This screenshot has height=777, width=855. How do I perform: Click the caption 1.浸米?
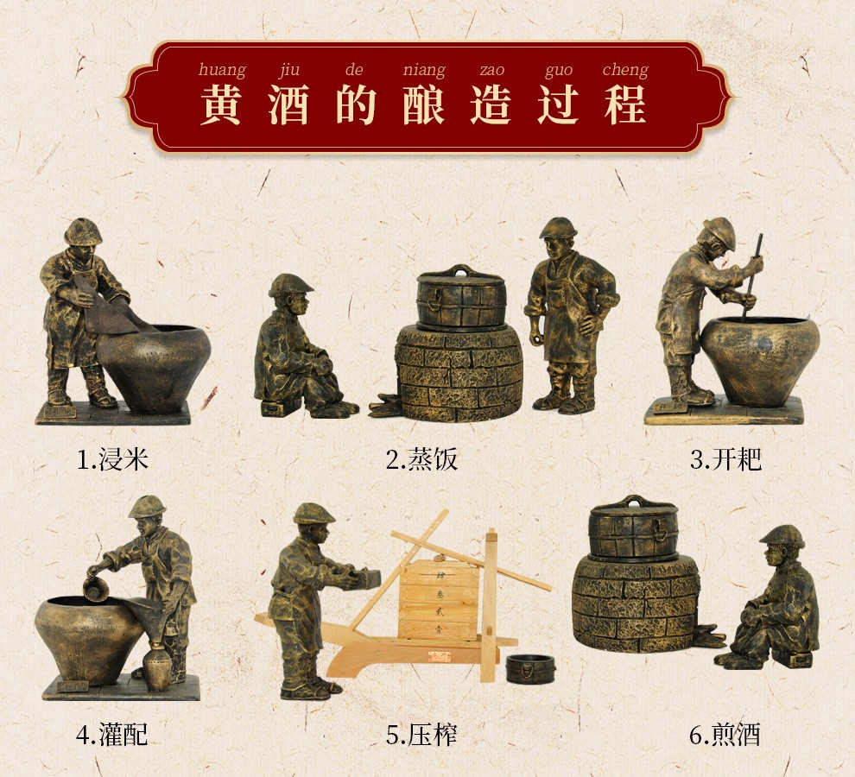[x=113, y=459]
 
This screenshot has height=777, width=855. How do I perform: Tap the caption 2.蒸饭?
[x=421, y=459]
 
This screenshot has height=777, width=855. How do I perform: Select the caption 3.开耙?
[x=725, y=459]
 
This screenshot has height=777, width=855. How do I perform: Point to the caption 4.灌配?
[x=112, y=736]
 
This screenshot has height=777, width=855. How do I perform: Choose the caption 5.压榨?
[x=421, y=736]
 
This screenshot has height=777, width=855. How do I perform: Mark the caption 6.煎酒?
[x=725, y=736]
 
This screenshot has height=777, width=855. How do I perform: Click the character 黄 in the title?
[x=221, y=105]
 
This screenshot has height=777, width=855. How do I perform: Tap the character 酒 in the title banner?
[x=288, y=105]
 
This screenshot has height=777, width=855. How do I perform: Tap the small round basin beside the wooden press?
[x=530, y=668]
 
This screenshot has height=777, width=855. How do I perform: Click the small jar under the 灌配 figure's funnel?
[x=157, y=668]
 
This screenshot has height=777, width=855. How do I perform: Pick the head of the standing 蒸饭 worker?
[x=559, y=238]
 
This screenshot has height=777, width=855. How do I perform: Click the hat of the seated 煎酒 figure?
[x=782, y=536]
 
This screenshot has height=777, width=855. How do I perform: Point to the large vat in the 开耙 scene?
[x=759, y=361]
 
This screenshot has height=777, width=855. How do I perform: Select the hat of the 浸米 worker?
[x=84, y=231]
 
